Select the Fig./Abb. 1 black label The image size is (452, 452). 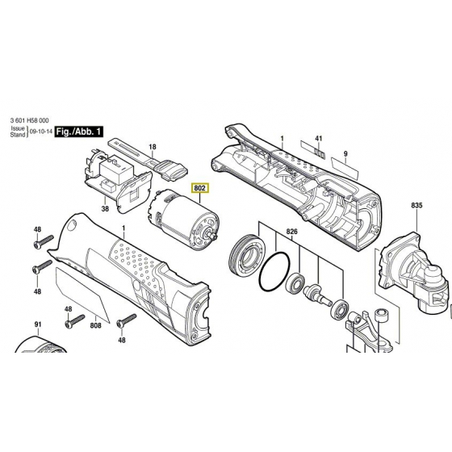(x=77, y=131)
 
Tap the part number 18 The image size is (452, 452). (x=152, y=147)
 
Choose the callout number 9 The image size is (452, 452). (x=345, y=153)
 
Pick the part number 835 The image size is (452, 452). (x=416, y=207)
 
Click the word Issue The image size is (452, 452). (x=18, y=128)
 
